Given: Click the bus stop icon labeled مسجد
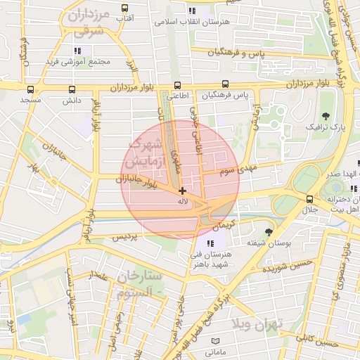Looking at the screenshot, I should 30,89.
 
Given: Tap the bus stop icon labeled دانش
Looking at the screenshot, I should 72,89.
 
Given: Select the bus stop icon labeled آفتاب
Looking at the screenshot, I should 125,9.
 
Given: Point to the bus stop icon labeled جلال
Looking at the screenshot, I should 309,199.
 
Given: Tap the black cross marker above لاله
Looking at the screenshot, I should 182,191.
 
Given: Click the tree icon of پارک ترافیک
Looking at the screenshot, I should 325,115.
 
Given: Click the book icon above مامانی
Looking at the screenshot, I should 215,341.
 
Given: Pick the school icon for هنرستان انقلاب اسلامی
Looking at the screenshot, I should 192,11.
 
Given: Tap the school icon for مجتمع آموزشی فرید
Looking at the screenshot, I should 78,51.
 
